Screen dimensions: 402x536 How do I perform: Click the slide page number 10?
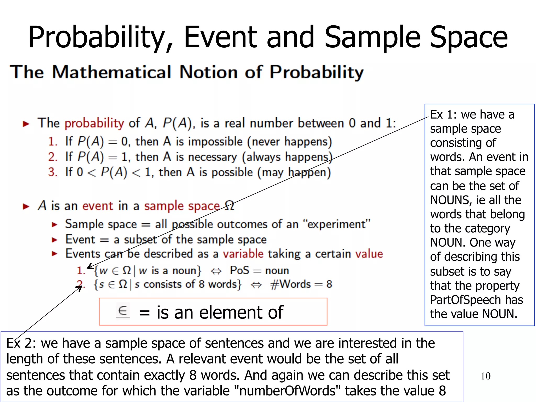(x=485, y=376)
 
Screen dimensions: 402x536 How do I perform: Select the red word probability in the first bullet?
(x=94, y=123)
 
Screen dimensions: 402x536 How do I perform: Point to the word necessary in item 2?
(x=213, y=157)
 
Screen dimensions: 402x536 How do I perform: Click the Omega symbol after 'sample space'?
(x=229, y=206)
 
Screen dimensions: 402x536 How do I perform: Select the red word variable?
(x=243, y=254)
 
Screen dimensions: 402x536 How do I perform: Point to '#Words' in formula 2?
(x=290, y=284)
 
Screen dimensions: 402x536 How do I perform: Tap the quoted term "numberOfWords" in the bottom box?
(x=287, y=391)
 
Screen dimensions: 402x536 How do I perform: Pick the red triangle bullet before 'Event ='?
(x=54, y=240)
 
